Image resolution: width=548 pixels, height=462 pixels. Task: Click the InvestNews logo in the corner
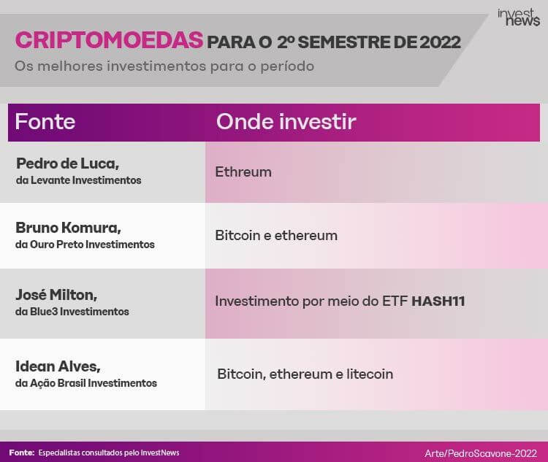coord(519,18)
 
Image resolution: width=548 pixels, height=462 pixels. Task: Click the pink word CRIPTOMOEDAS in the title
coord(109,40)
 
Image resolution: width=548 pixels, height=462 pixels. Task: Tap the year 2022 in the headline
coord(440,42)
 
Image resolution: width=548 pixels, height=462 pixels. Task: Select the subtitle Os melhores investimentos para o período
coord(164,66)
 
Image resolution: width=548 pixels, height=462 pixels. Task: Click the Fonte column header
coord(45,122)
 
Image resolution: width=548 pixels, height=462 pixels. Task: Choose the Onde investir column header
coord(286,122)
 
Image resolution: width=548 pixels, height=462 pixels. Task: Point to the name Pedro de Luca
coord(67,163)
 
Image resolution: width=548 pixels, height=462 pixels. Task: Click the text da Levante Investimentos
coord(79,180)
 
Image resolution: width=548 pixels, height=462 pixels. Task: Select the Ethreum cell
coord(243,172)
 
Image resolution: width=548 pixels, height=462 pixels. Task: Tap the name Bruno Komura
coord(68,228)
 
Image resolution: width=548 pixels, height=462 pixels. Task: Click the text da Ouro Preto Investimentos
coord(85,245)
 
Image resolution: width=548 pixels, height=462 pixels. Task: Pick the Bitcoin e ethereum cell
coord(276,235)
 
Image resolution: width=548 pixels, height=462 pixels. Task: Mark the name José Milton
coord(56,295)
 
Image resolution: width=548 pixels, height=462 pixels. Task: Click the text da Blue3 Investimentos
coord(72,312)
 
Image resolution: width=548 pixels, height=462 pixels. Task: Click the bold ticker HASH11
coord(438,301)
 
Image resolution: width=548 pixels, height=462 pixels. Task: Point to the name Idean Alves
coord(58,366)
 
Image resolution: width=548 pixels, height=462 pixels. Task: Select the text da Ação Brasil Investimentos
coord(86,383)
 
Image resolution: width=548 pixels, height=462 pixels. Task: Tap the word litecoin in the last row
coord(370,374)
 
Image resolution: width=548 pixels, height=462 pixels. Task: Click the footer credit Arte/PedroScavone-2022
coord(481,453)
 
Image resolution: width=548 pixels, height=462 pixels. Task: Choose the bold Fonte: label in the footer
coord(22,453)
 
